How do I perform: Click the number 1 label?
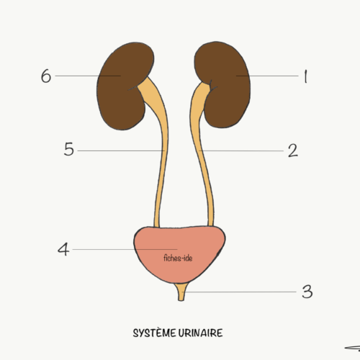[x=305, y=76]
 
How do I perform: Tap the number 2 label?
[x=293, y=150]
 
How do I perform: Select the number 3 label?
[x=307, y=292]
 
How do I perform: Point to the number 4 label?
[x=63, y=249]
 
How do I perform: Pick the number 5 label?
[x=69, y=149]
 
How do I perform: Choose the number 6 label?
[x=46, y=76]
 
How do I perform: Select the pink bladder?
[x=179, y=254]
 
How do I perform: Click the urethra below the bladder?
[x=181, y=292]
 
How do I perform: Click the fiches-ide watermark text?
[x=178, y=258]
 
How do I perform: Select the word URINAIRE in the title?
[x=200, y=333]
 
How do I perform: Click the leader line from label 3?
[x=239, y=292]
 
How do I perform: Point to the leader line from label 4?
[x=125, y=249]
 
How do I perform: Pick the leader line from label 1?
[x=267, y=76]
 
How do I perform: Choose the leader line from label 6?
[x=88, y=76]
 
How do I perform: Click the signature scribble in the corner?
[x=353, y=348]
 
